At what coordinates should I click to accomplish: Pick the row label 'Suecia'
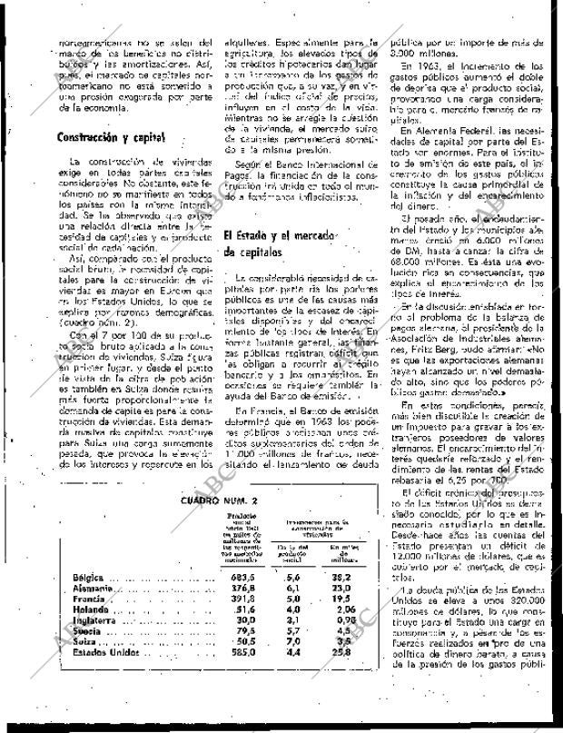coord(89,630)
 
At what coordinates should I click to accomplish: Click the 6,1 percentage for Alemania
coord(292,588)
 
